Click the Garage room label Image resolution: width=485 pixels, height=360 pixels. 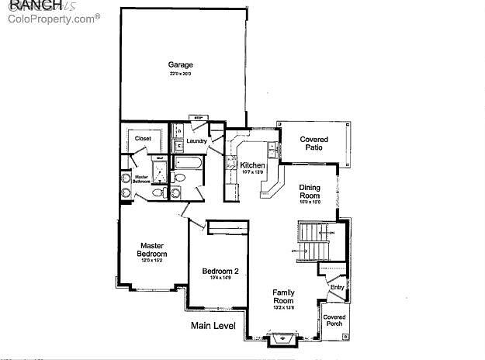click(x=181, y=65)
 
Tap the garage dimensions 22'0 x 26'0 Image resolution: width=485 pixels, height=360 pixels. click(x=181, y=74)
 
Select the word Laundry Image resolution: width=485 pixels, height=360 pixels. click(x=196, y=140)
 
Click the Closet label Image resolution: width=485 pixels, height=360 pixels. click(x=143, y=138)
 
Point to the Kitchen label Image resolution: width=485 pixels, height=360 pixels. click(x=252, y=165)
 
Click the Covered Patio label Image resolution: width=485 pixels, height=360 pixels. click(x=314, y=144)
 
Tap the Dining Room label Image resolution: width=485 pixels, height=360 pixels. click(x=310, y=192)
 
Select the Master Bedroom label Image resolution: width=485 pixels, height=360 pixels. click(x=152, y=250)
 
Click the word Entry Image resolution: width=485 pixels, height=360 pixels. click(x=337, y=288)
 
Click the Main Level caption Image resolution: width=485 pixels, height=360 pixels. click(x=213, y=326)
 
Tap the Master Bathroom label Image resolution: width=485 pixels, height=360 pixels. click(x=141, y=178)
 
